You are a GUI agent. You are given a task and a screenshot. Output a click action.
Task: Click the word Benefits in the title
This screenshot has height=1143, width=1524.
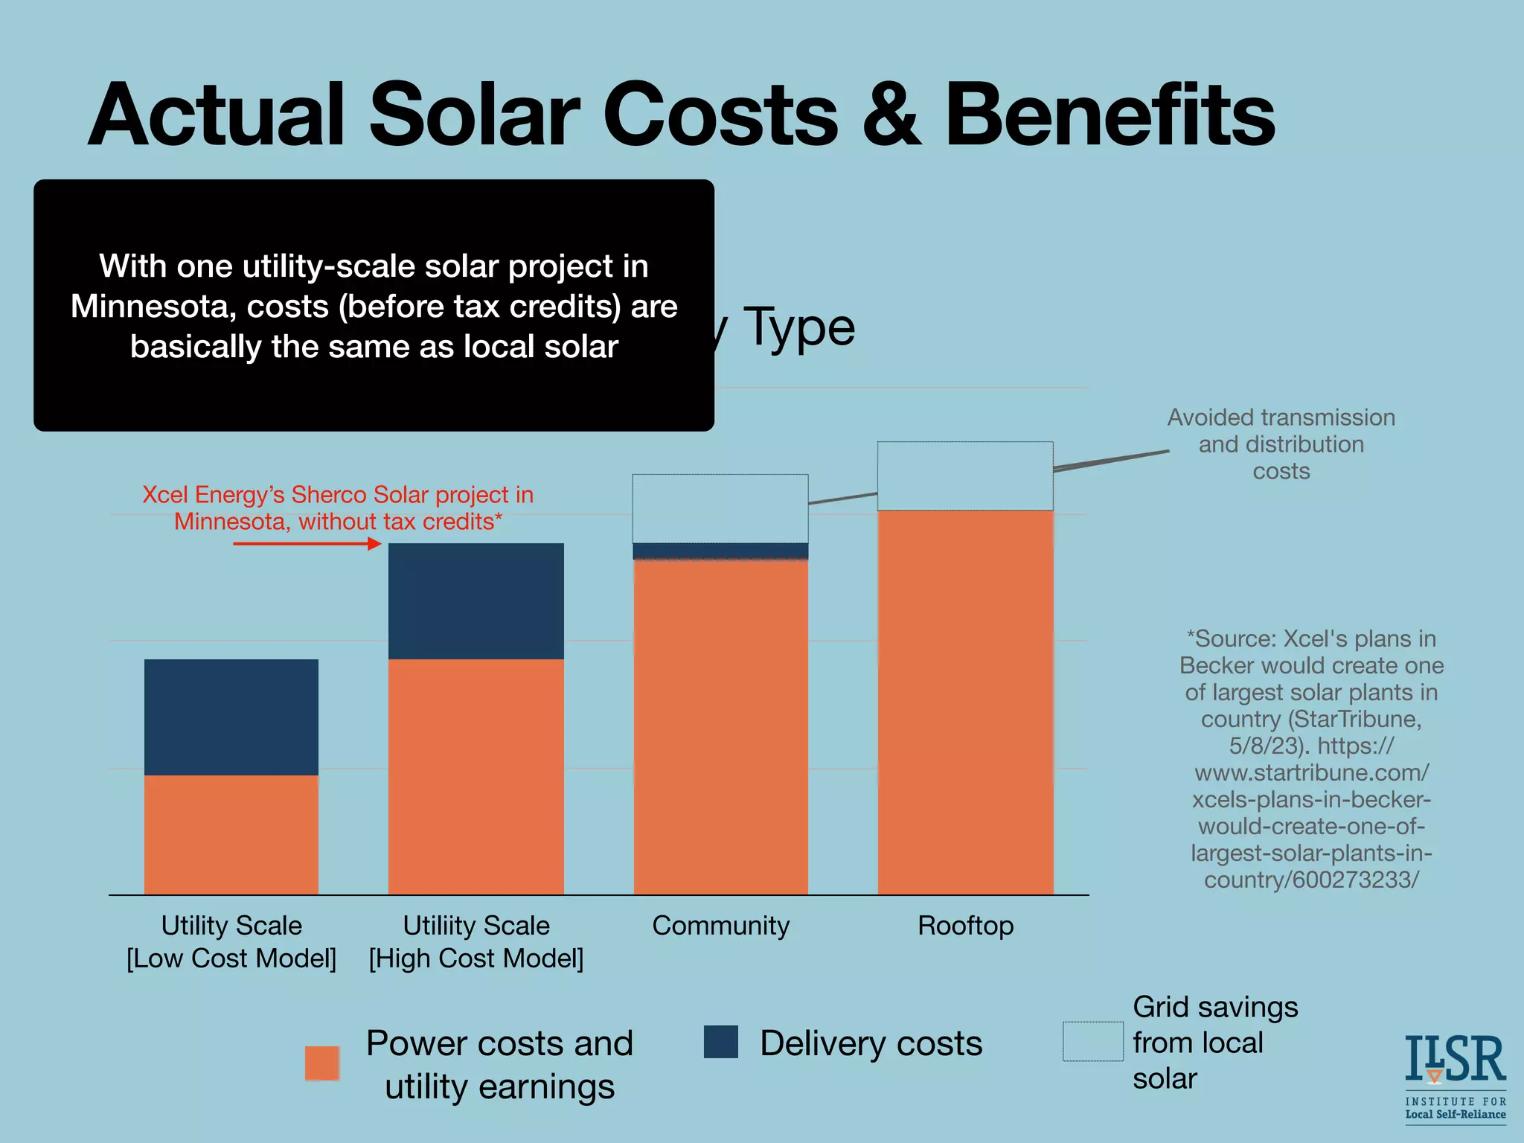(x=1109, y=115)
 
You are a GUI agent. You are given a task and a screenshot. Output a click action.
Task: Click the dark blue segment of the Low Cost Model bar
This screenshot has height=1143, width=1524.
(x=231, y=717)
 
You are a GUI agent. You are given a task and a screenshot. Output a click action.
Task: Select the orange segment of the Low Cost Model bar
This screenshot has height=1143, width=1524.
(x=231, y=834)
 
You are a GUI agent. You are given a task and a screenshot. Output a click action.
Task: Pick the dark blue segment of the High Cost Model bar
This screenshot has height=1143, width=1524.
(x=476, y=601)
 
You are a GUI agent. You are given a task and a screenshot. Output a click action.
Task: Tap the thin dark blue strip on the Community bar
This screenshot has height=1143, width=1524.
(x=720, y=551)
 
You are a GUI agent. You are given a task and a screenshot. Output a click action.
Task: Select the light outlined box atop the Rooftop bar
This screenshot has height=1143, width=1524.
(x=965, y=476)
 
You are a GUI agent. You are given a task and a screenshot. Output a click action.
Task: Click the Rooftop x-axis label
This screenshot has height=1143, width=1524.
(x=965, y=926)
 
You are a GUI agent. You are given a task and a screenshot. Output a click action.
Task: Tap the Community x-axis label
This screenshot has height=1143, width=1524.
(x=720, y=926)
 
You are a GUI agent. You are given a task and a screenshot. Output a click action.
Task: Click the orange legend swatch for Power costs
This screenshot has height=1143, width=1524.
(x=322, y=1063)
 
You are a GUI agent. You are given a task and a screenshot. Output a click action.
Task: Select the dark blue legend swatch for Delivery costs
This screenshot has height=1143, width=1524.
(x=720, y=1042)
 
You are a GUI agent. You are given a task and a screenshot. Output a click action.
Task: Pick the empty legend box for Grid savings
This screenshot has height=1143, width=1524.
(x=1092, y=1042)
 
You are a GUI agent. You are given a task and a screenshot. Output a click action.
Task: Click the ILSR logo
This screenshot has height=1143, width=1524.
(x=1455, y=1075)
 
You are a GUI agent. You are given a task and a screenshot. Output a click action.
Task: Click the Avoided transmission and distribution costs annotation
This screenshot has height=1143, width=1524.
(x=1281, y=444)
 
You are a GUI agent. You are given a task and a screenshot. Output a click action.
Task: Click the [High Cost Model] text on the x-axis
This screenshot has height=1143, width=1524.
(x=476, y=958)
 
